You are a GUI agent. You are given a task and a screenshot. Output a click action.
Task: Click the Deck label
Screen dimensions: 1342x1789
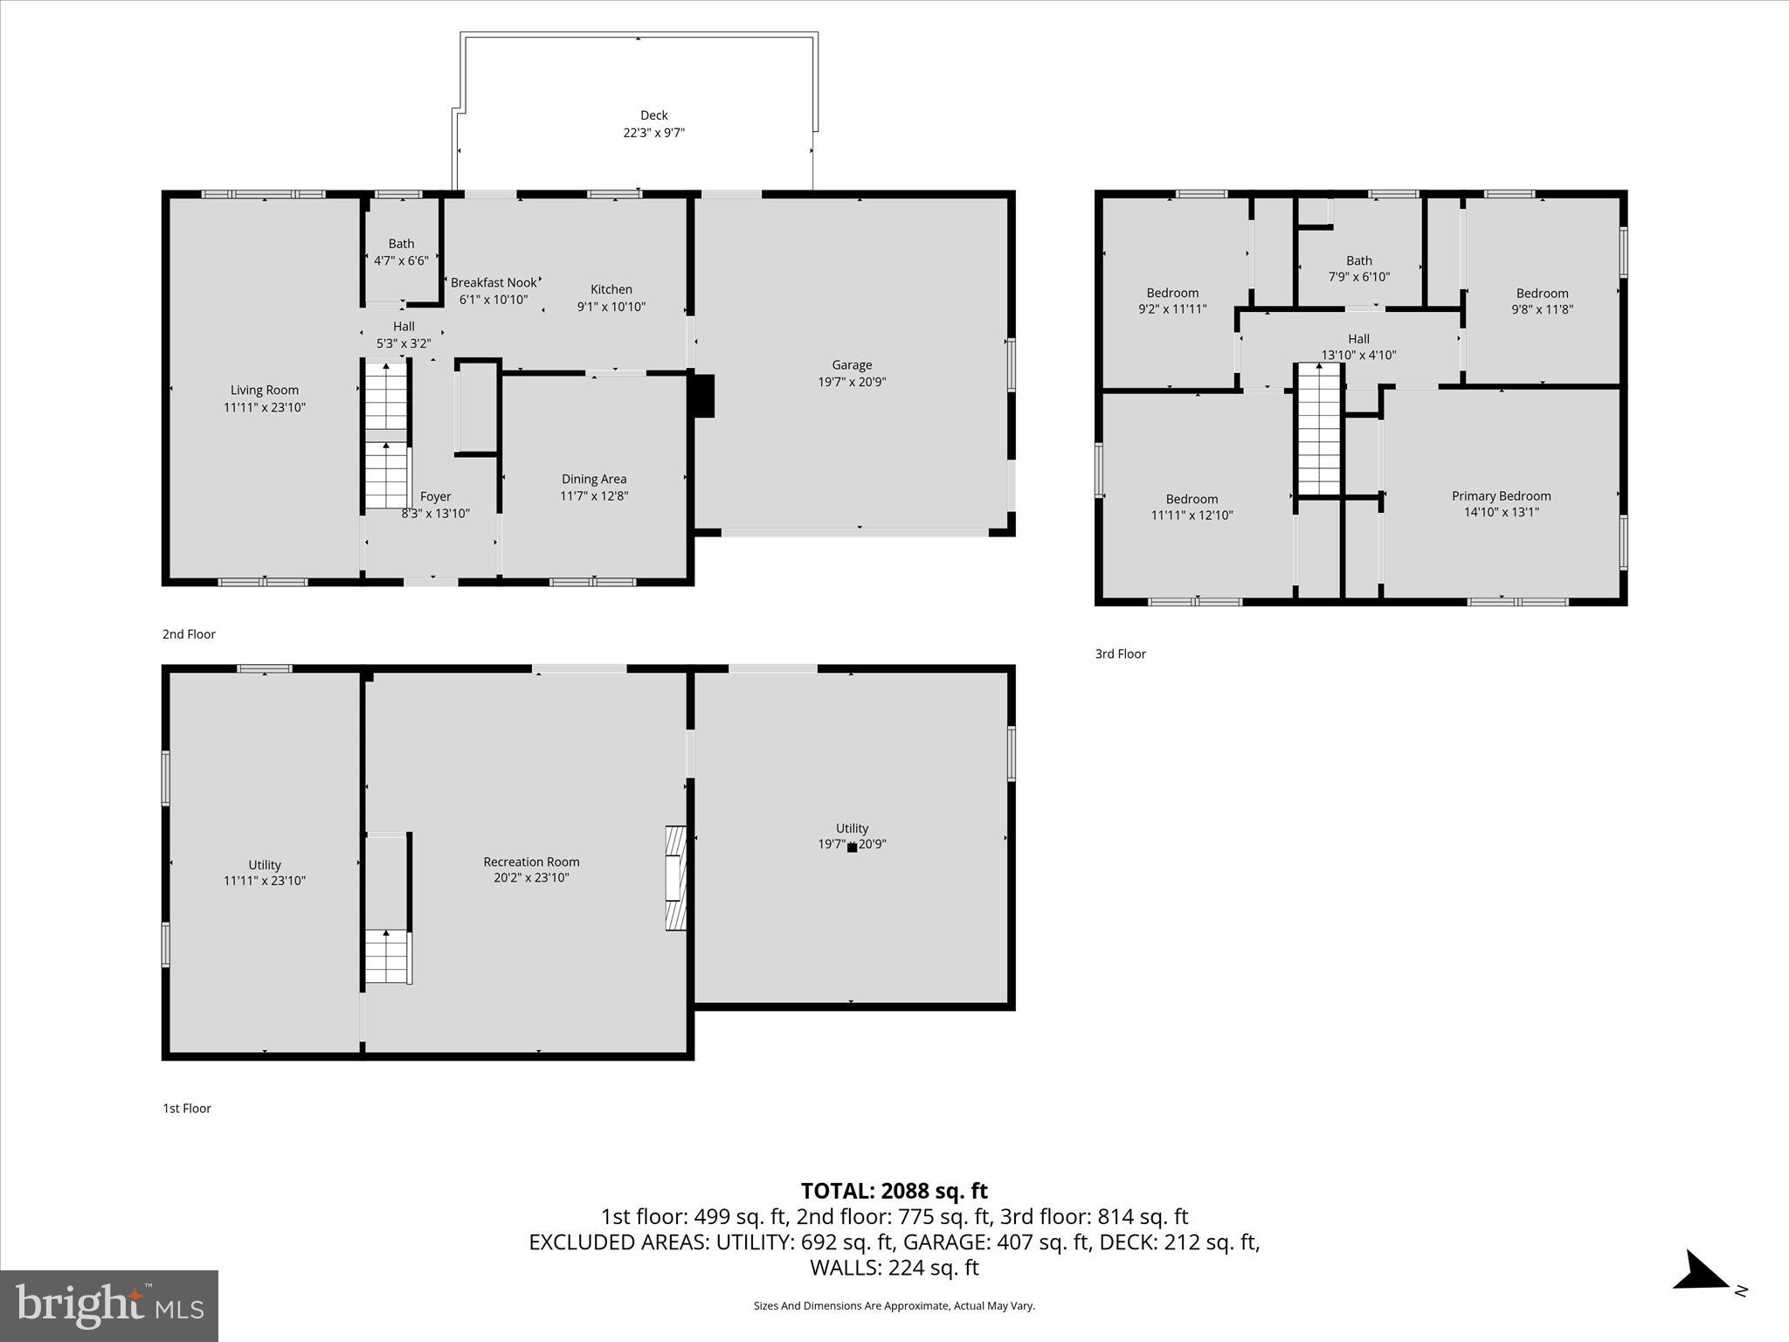(x=653, y=115)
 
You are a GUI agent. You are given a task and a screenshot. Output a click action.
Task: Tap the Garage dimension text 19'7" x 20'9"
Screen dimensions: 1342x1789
(x=852, y=382)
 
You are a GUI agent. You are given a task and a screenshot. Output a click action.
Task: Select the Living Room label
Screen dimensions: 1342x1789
(x=265, y=391)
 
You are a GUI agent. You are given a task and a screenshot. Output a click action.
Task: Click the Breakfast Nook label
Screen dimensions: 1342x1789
(x=494, y=282)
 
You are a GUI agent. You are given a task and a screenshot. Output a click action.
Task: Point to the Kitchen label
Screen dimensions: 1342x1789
(x=611, y=289)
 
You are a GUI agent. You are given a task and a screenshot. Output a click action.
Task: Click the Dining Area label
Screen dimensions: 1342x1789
(x=594, y=479)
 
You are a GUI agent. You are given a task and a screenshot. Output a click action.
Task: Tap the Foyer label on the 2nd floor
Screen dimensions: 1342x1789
(x=435, y=496)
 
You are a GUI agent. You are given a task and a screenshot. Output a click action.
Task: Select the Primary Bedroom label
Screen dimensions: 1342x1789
(x=1501, y=495)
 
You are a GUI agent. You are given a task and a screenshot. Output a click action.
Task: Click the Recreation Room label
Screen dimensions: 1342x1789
(x=531, y=861)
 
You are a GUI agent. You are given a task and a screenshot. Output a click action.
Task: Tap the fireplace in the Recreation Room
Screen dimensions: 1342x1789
(x=676, y=877)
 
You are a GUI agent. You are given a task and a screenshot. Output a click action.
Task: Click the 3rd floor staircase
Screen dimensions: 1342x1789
(x=1318, y=430)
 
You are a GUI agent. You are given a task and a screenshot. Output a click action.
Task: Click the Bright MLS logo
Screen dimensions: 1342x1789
(x=109, y=1306)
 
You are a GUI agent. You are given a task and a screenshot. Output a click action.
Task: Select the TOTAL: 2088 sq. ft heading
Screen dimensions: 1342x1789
(x=894, y=1191)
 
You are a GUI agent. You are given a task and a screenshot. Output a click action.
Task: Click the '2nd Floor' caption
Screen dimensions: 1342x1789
(x=189, y=634)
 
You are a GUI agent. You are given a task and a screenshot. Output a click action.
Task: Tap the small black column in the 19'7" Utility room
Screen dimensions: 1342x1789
(x=852, y=847)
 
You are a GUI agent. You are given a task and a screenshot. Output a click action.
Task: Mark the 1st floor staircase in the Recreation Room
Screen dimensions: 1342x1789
(x=387, y=957)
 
